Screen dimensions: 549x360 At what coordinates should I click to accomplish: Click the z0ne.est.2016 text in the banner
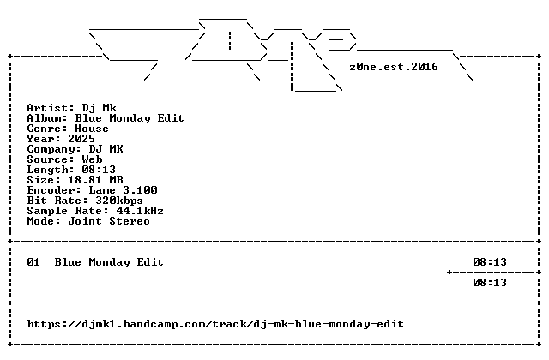tap(394, 67)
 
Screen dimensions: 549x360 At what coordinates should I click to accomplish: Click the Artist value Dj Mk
tap(100, 108)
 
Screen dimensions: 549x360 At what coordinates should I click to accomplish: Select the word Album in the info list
tap(44, 118)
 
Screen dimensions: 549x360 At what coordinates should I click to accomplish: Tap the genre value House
tap(92, 129)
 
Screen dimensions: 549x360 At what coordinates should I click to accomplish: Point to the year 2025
tap(81, 139)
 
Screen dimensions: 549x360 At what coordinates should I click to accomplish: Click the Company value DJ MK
tap(106, 149)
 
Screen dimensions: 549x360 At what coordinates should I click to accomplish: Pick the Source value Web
tap(92, 159)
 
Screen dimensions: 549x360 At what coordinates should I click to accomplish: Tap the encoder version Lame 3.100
tap(123, 190)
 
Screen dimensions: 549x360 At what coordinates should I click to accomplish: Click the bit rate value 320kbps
tap(119, 201)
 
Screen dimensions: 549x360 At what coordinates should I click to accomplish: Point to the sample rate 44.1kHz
tap(140, 211)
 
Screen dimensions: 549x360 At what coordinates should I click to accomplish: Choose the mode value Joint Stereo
tap(109, 221)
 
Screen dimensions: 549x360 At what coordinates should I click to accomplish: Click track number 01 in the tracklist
tap(33, 262)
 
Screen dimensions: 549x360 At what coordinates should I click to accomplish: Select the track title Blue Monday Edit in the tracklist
tap(109, 262)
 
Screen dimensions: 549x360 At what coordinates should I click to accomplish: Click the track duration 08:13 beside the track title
tap(490, 262)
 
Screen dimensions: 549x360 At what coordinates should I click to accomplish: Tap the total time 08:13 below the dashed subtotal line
tap(490, 283)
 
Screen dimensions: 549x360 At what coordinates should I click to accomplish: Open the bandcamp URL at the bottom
tap(215, 324)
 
